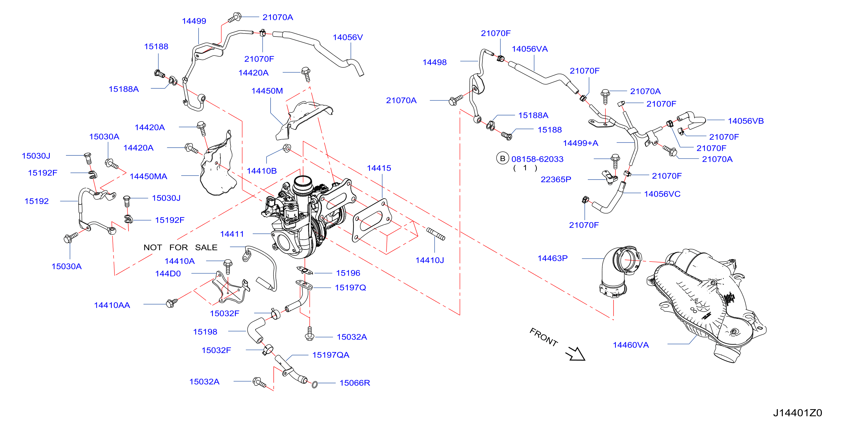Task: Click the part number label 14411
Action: click(232, 234)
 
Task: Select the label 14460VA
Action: click(631, 345)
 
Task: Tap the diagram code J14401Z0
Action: click(798, 413)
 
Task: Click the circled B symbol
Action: click(503, 159)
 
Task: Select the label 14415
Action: click(379, 168)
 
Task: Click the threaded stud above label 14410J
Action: click(435, 234)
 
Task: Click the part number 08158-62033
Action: click(537, 159)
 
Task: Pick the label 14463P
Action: click(553, 258)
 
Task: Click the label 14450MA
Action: click(148, 176)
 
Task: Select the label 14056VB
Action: click(746, 121)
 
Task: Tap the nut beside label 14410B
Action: click(287, 148)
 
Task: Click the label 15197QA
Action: click(331, 355)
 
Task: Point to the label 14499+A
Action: click(580, 143)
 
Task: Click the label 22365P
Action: click(556, 180)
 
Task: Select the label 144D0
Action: click(168, 274)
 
